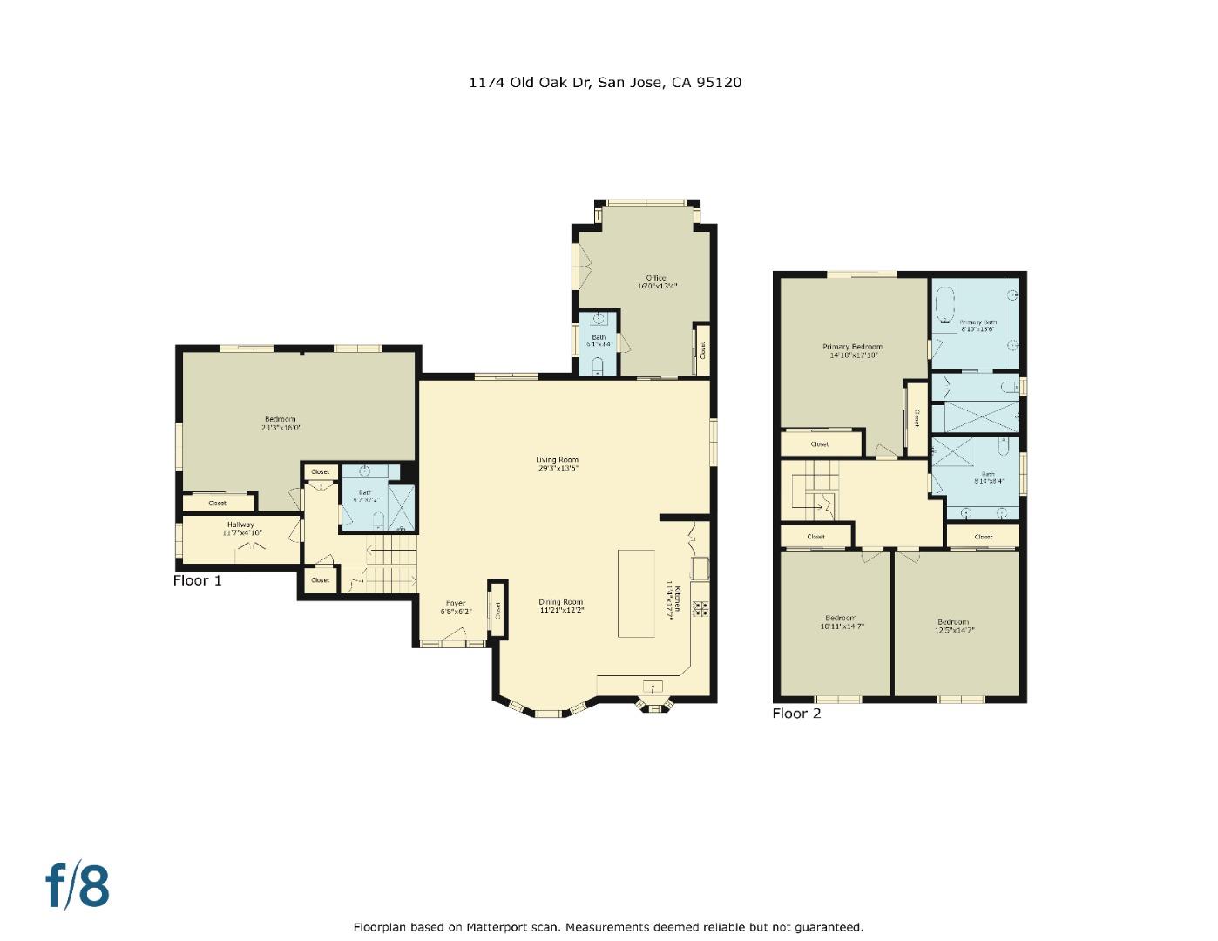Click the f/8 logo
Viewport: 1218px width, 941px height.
click(78, 885)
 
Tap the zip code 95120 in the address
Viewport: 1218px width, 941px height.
click(719, 83)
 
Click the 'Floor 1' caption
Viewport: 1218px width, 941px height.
click(198, 580)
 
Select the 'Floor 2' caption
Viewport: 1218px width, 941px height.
click(796, 714)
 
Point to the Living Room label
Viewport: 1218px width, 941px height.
click(557, 460)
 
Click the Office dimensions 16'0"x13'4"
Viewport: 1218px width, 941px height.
click(657, 286)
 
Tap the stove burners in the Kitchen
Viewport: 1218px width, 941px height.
click(700, 607)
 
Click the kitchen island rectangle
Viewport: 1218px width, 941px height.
click(636, 593)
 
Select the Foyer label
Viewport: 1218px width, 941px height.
click(456, 603)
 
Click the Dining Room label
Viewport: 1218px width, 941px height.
click(560, 602)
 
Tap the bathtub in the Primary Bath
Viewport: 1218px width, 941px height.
click(944, 306)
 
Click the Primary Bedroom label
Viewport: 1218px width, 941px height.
click(852, 347)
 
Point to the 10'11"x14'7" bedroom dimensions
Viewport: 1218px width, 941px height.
click(842, 626)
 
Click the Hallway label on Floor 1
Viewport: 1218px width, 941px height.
click(240, 525)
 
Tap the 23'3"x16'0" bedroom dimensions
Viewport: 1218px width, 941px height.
click(281, 428)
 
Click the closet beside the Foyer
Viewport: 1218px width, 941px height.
click(497, 610)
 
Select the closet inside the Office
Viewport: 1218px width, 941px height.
click(702, 349)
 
